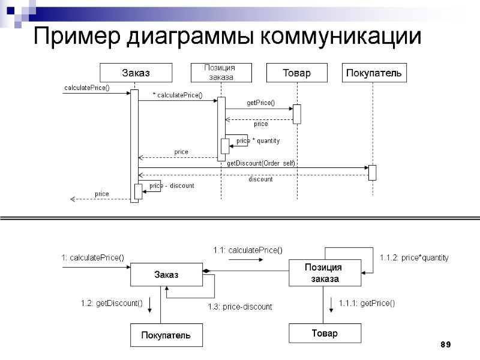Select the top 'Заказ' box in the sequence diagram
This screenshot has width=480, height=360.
click(x=136, y=73)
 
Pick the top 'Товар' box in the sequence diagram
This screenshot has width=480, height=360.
click(x=297, y=73)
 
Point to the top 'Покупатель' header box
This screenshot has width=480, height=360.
click(x=373, y=73)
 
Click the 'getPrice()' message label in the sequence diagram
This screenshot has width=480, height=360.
click(x=260, y=103)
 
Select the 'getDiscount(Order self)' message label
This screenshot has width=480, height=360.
click(x=261, y=163)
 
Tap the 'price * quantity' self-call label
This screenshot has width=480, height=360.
click(x=258, y=141)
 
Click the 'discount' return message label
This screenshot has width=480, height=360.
click(x=260, y=179)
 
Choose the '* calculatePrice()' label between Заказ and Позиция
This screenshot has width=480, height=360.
click(x=178, y=95)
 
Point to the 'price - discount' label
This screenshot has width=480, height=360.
click(x=172, y=186)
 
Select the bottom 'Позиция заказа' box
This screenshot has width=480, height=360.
click(x=325, y=273)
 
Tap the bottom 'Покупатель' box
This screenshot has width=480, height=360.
click(x=166, y=335)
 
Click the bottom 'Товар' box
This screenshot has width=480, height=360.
click(x=325, y=333)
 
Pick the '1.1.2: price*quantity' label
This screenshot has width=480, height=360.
click(x=414, y=257)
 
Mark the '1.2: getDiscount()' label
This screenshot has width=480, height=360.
click(x=112, y=303)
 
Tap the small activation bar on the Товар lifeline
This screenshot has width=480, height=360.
click(x=296, y=114)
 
